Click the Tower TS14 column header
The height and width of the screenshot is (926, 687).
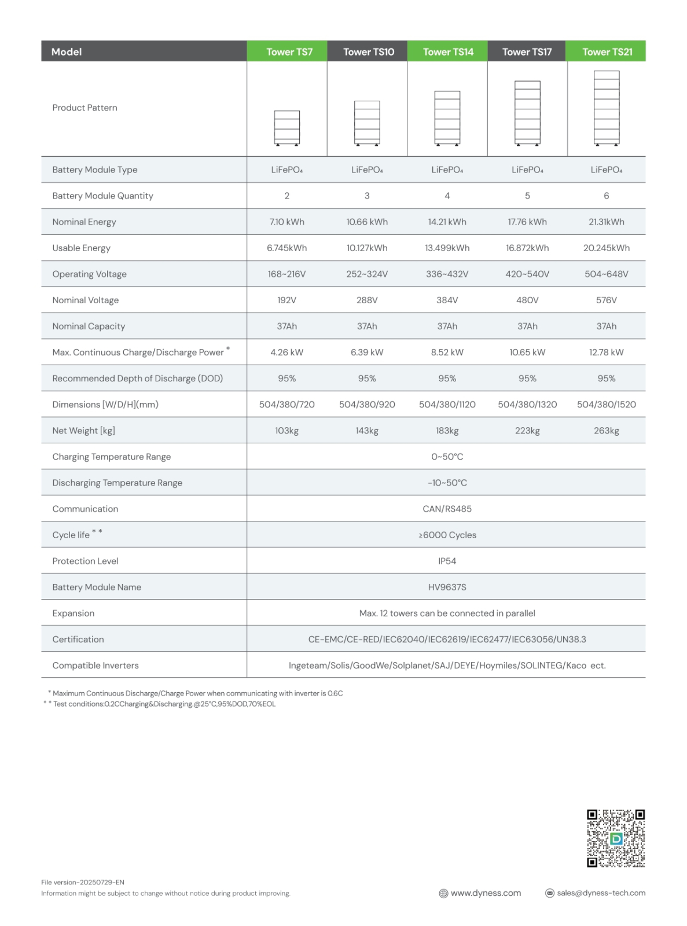[447, 52]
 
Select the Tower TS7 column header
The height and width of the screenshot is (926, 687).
[289, 52]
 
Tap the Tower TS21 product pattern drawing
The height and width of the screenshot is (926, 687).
[606, 108]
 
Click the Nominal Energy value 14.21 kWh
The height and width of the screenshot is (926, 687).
[447, 222]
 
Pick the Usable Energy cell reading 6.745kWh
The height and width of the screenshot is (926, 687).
[286, 248]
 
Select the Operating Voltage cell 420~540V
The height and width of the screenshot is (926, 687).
[527, 274]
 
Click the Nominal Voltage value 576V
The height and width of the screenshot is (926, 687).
[606, 300]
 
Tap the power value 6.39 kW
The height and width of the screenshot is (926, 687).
[367, 352]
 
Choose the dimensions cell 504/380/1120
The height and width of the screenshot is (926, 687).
[447, 404]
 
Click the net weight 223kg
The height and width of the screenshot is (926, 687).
[527, 430]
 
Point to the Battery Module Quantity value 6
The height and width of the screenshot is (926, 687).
[606, 196]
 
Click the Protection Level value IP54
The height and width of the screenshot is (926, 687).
[447, 561]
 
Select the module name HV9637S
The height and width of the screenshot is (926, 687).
[447, 587]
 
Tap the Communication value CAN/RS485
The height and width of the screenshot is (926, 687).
[447, 509]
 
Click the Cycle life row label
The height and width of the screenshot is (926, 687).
[72, 535]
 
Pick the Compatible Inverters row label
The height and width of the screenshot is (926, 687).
[95, 665]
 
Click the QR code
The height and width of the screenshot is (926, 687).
[616, 838]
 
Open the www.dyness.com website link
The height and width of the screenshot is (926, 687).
[486, 893]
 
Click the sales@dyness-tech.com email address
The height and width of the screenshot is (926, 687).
[601, 893]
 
